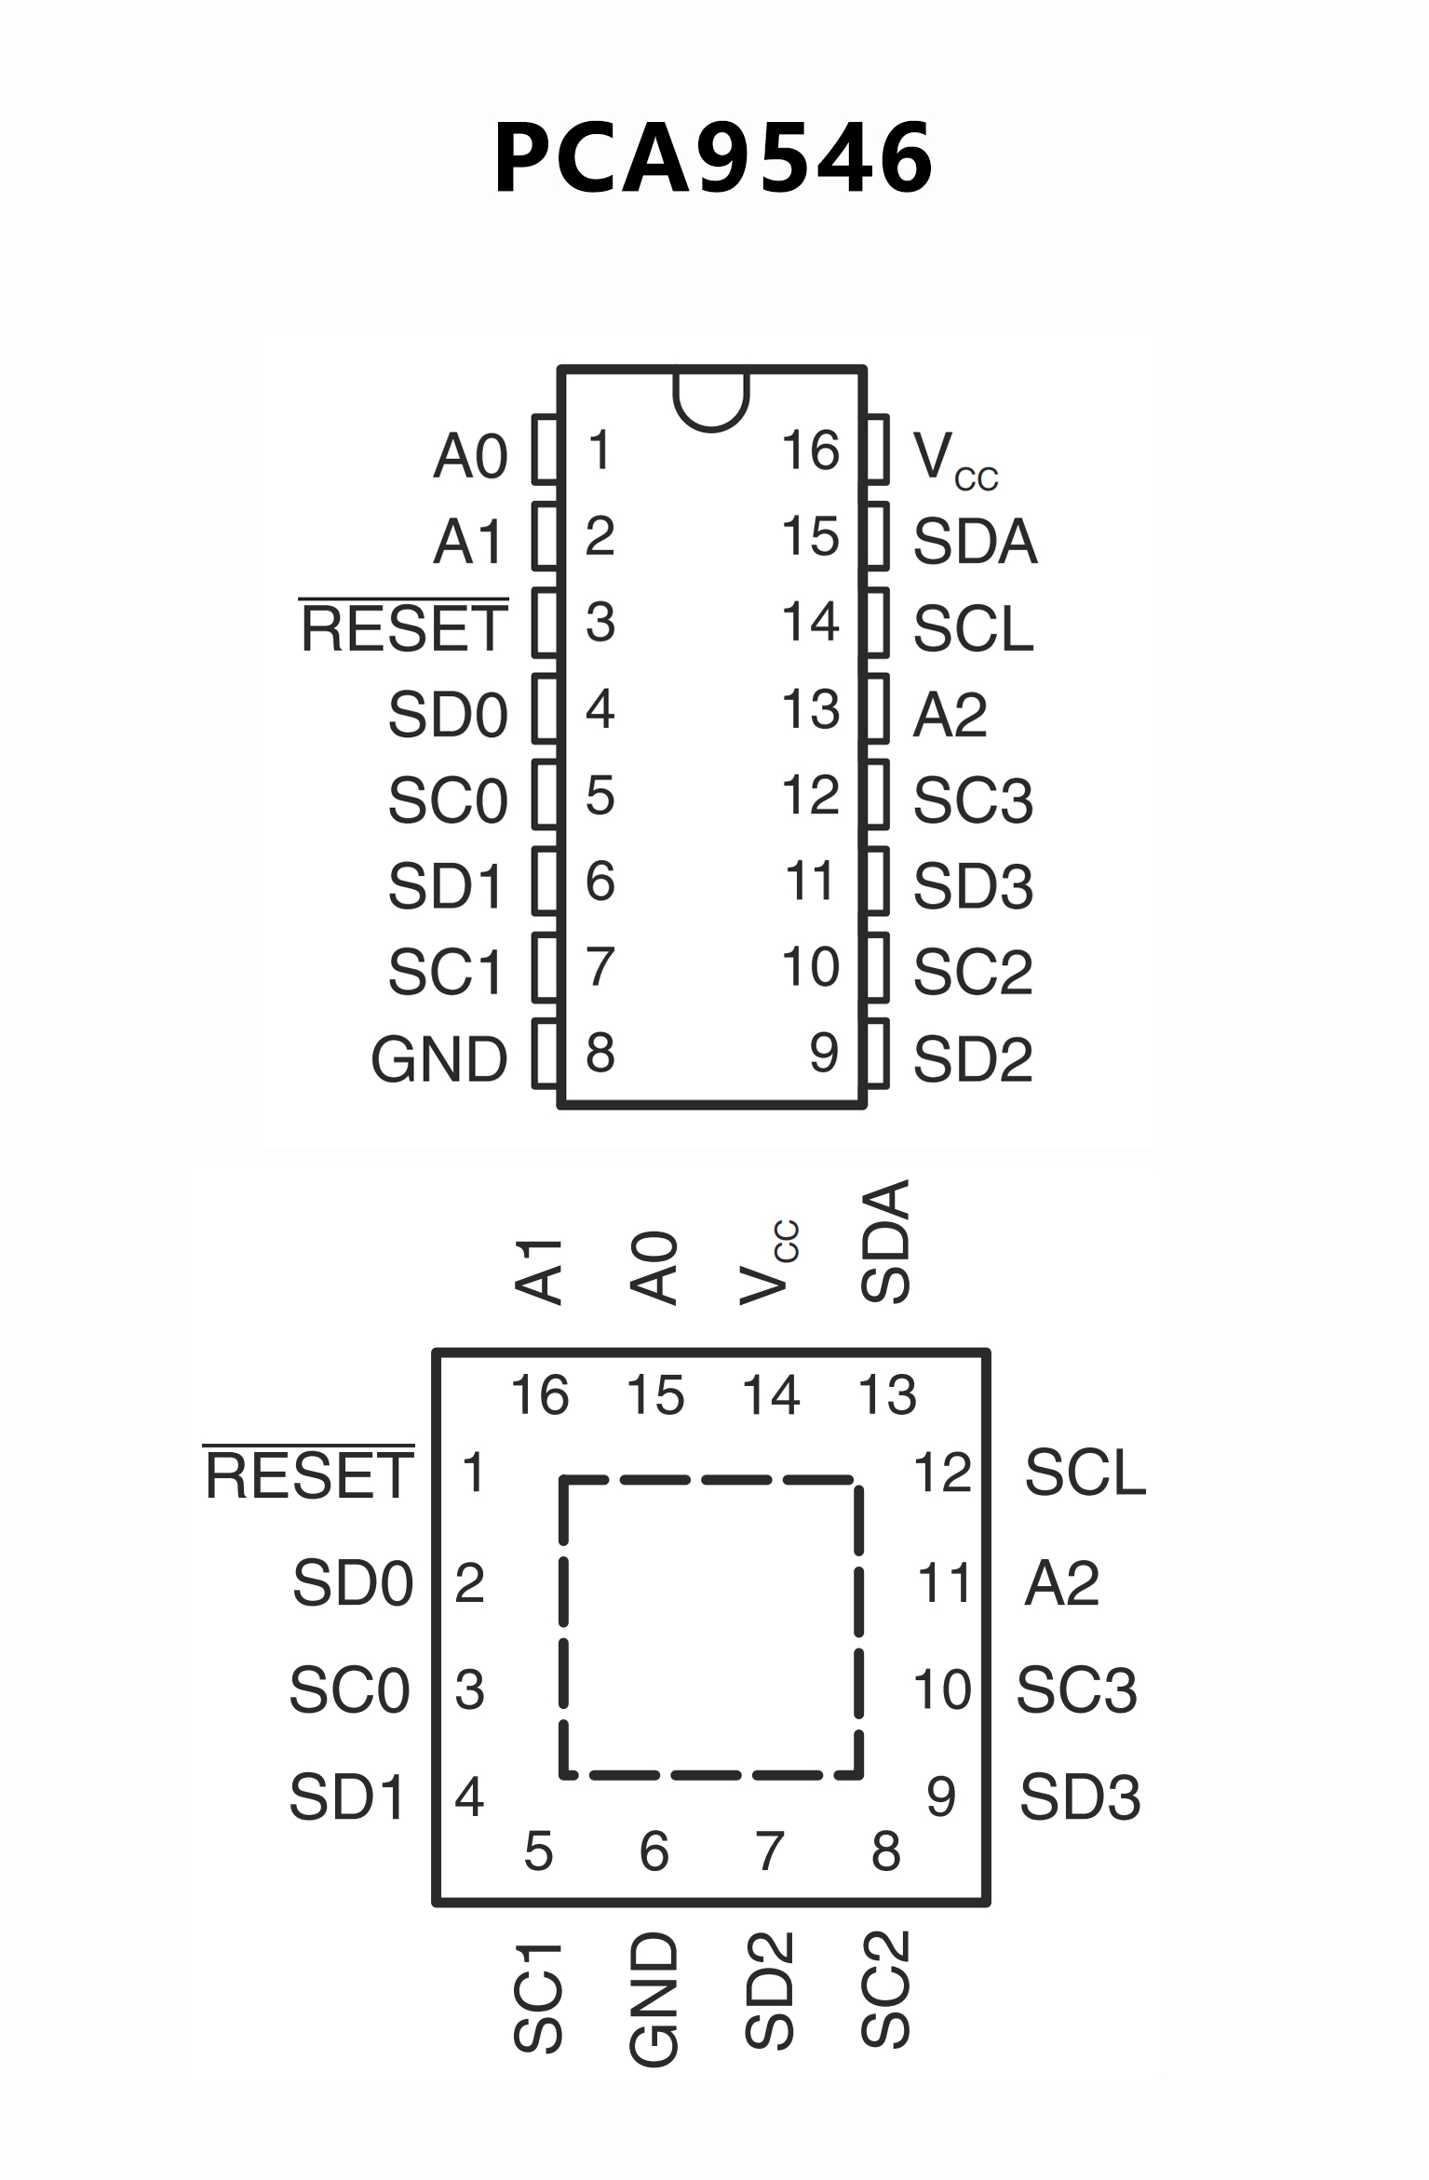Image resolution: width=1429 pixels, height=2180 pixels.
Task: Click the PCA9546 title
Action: [x=713, y=158]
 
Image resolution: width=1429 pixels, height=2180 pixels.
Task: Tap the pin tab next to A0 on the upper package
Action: [x=546, y=450]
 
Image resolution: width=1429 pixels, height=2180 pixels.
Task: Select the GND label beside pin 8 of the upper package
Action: [x=438, y=1059]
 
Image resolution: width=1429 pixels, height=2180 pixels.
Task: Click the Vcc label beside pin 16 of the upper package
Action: [x=954, y=459]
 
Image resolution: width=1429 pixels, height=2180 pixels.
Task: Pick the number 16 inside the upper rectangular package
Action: [x=810, y=451]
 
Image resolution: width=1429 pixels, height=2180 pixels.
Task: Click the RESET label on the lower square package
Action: [x=308, y=1475]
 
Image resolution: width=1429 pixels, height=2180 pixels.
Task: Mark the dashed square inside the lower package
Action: [x=711, y=1626]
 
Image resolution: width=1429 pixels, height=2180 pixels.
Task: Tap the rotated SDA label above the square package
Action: [x=885, y=1242]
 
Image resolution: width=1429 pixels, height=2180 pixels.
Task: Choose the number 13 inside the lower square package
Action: [x=887, y=1395]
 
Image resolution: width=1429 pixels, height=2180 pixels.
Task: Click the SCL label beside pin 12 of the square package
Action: [x=1085, y=1473]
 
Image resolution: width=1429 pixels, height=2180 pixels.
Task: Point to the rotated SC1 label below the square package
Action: [x=538, y=1998]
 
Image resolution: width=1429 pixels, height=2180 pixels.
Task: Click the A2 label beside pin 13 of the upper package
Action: [x=950, y=715]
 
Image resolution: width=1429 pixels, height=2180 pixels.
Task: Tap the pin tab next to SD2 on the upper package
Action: [x=876, y=1054]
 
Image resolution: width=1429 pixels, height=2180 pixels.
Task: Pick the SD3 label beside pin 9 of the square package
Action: [x=1080, y=1796]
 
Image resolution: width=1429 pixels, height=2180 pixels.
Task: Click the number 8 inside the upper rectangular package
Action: [x=600, y=1053]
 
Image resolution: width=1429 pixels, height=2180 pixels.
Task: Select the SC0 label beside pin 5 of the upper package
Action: [x=448, y=801]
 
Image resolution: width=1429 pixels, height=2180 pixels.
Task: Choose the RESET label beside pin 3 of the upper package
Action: [x=404, y=628]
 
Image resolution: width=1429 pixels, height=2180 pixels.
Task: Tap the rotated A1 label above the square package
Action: [x=539, y=1272]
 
